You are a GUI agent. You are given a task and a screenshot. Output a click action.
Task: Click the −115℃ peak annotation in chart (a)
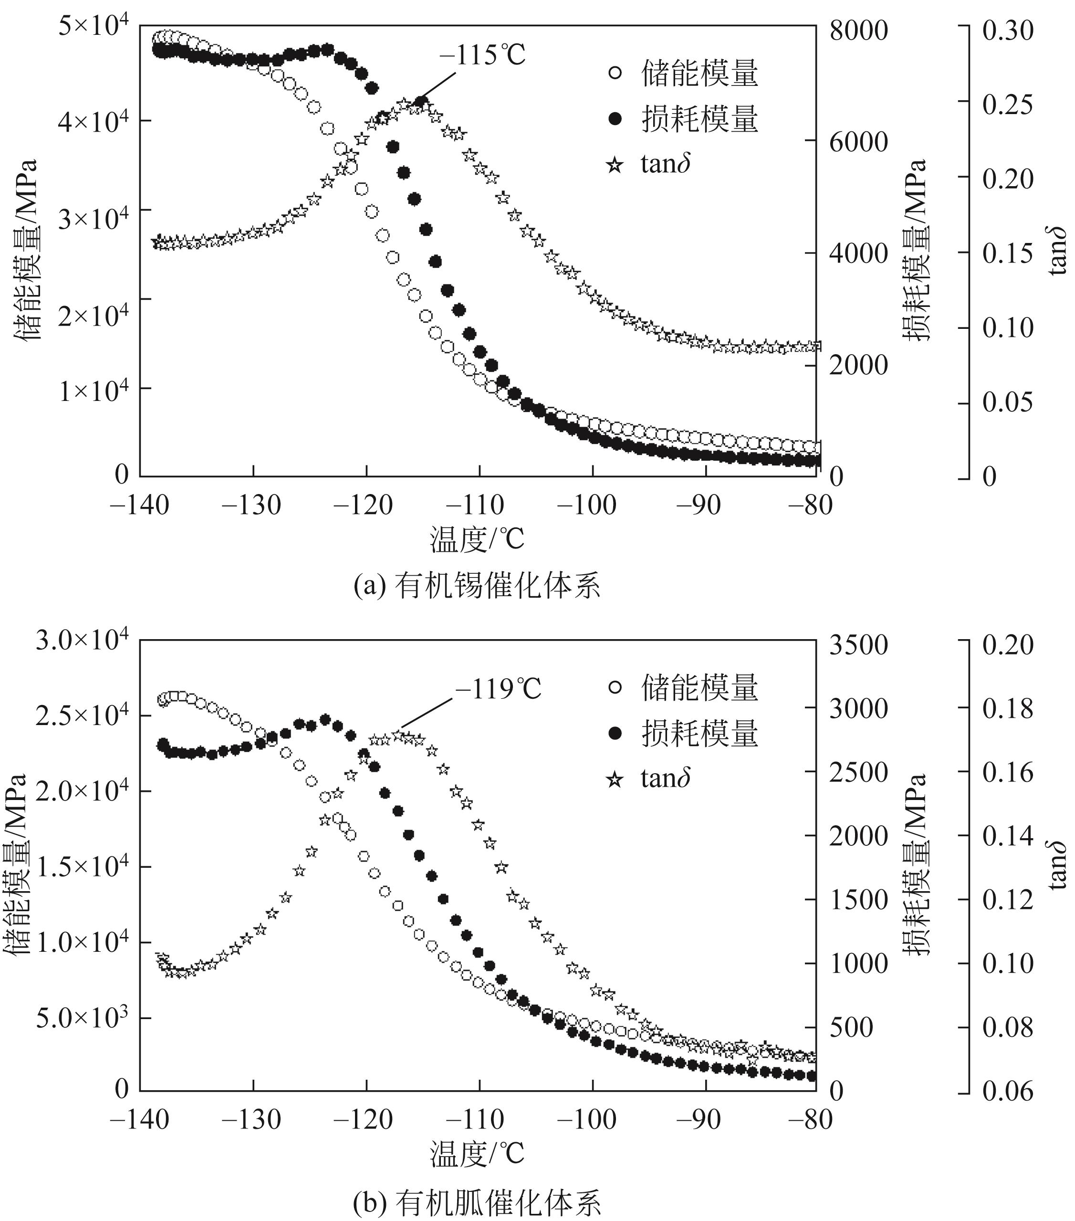482,55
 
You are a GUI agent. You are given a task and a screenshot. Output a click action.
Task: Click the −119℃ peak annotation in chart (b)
498,689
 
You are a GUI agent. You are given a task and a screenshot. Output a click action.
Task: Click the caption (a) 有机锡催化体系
477,586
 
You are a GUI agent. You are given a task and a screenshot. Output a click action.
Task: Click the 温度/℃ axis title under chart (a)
477,539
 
